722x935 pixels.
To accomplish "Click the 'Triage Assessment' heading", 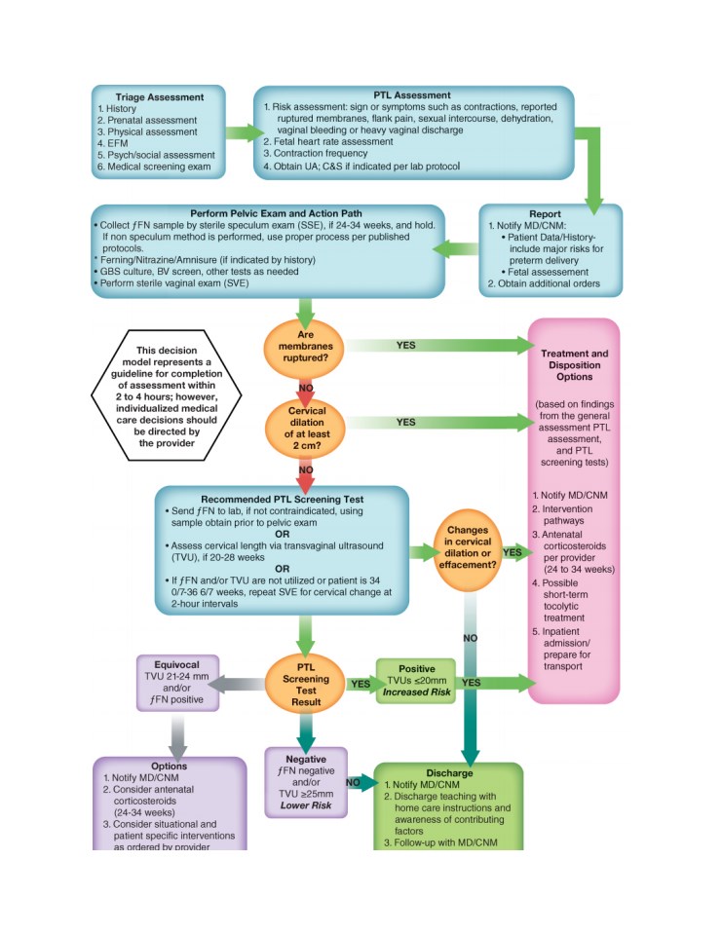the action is [x=160, y=97].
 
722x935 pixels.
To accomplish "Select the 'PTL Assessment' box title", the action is [x=412, y=95].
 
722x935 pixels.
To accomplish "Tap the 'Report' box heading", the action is [x=545, y=214].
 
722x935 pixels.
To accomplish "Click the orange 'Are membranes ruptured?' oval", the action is [x=305, y=349].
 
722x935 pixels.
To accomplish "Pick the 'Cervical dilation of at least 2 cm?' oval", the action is [x=306, y=429].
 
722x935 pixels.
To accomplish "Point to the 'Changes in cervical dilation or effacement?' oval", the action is [x=467, y=548].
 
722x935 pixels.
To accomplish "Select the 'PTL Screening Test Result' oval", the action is [x=306, y=685].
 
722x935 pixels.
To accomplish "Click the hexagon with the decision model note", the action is [x=167, y=395].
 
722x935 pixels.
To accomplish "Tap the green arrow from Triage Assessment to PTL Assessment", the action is [x=244, y=132].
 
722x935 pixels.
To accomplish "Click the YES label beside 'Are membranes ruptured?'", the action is [x=405, y=345].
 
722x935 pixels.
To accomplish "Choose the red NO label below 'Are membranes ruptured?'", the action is [x=306, y=389].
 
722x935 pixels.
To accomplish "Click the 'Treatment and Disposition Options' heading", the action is [x=574, y=365].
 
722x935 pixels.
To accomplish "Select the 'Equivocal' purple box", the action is [x=177, y=683].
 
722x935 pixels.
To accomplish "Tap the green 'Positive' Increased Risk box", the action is [x=416, y=681].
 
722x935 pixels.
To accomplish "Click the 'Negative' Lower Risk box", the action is [x=306, y=782].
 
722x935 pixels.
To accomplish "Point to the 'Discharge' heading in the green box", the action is [x=449, y=773].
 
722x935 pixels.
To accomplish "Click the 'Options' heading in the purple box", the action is [x=169, y=767].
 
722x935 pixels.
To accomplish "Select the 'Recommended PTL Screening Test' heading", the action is [x=282, y=500].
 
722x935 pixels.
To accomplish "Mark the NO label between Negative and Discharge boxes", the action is [x=353, y=782].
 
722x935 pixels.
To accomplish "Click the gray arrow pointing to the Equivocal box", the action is [x=238, y=684].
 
